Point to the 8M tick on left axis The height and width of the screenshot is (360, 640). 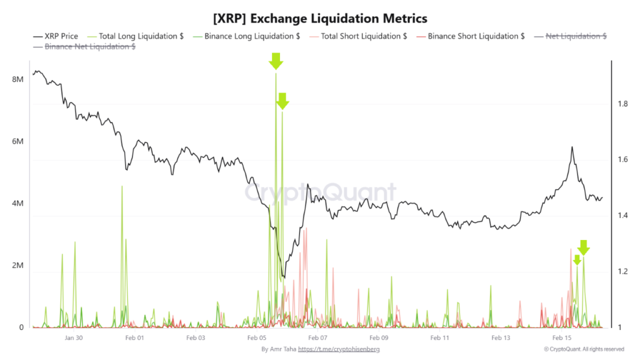coord(17,80)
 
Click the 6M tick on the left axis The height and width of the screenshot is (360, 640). coord(17,142)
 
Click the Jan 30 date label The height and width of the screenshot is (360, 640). coord(74,338)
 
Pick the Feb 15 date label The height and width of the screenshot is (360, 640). coord(562,338)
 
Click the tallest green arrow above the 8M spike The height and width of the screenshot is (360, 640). coord(276,61)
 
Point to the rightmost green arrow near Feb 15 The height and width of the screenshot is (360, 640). coord(583,247)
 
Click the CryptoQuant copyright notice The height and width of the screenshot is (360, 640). coord(584,349)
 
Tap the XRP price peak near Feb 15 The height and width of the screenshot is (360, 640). coord(571,147)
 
